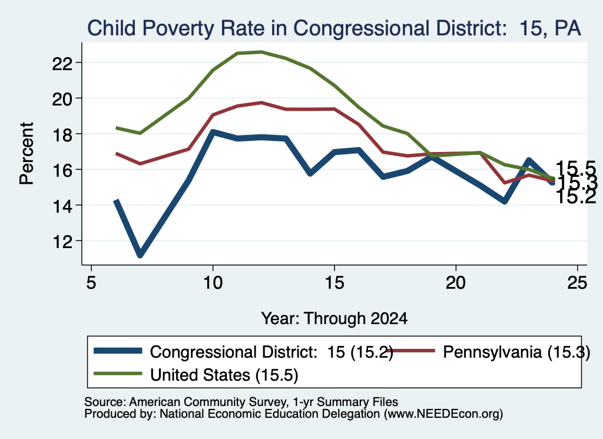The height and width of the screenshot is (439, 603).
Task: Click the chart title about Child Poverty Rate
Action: [x=334, y=28]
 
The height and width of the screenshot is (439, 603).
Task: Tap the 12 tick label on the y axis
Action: [x=62, y=241]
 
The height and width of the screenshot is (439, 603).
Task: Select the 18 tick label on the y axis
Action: [x=62, y=134]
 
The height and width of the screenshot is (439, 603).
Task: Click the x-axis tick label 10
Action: [x=213, y=283]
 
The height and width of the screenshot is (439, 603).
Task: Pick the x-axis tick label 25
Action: [x=577, y=283]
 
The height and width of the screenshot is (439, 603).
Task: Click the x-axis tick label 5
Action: [x=91, y=283]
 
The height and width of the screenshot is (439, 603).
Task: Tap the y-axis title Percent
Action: [x=26, y=153]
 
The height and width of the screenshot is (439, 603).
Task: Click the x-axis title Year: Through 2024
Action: [x=334, y=319]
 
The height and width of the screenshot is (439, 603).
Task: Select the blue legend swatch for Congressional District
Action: [x=118, y=351]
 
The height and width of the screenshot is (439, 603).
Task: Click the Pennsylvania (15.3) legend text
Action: [x=516, y=352]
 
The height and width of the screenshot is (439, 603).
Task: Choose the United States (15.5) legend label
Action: [x=224, y=375]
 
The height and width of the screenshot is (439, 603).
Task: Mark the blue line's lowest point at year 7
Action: [x=140, y=255]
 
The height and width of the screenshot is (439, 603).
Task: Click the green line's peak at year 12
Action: [x=261, y=51]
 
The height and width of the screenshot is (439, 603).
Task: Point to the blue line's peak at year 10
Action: [x=213, y=132]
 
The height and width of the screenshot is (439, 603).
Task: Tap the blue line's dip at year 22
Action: [x=505, y=201]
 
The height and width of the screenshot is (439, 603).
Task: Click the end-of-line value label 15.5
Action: [x=576, y=169]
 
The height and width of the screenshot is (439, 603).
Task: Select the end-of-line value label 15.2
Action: [x=576, y=197]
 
